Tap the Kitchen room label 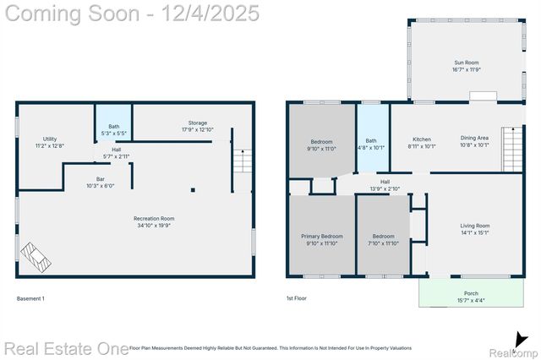tap(422, 142)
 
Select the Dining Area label tap(473, 142)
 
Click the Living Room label tap(474, 229)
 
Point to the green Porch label tap(471, 297)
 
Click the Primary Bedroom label tap(322, 239)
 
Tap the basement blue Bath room tap(113, 129)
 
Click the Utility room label tap(50, 142)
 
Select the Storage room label tap(197, 126)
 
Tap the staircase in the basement tap(243, 161)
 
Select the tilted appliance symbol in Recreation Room tap(36, 257)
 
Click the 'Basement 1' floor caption tap(31, 298)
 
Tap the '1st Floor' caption tap(297, 298)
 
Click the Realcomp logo tap(513, 346)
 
